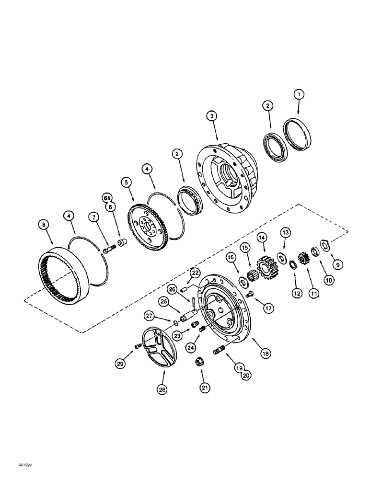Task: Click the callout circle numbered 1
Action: (299, 95)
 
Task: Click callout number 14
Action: (262, 238)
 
